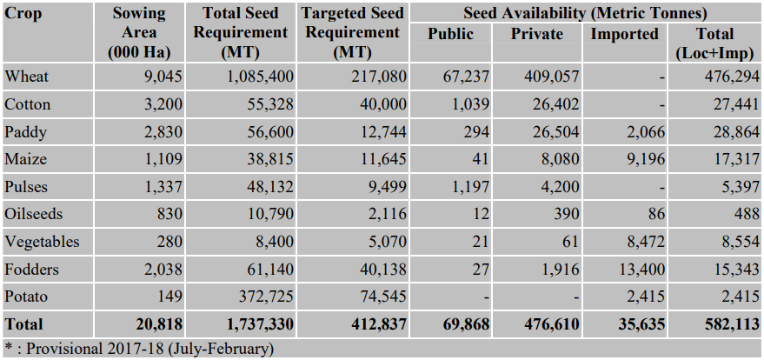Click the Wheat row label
27,77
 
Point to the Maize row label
26,160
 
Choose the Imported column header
624,35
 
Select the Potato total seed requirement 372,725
261,297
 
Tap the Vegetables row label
41,242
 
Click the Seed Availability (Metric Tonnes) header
585,13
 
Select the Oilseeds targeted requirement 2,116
386,215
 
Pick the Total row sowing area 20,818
158,324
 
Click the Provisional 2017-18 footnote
139,350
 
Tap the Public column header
450,35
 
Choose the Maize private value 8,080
555,160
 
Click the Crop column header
23,13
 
